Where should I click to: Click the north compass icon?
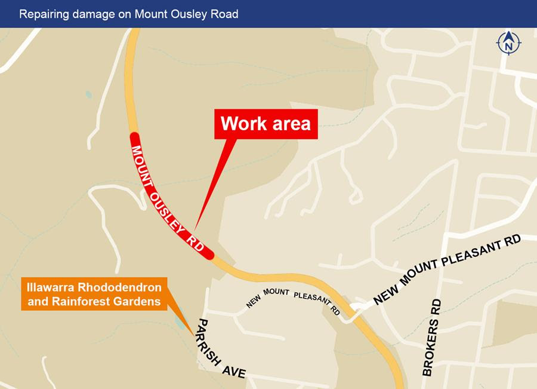coord(508,43)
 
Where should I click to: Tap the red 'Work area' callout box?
coord(266,124)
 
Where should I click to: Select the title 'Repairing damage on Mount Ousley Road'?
coord(128,14)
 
